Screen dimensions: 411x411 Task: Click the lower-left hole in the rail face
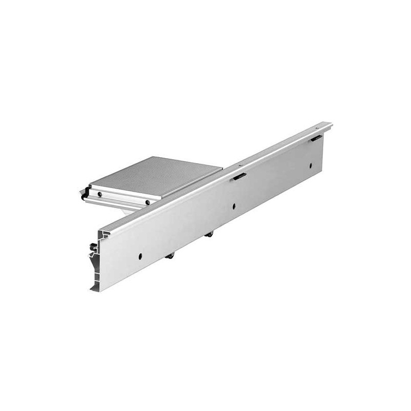tap(140, 255)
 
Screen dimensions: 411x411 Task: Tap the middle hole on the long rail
tap(234, 206)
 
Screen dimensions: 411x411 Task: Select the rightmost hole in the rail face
tap(310, 165)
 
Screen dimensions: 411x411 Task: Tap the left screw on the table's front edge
tap(101, 194)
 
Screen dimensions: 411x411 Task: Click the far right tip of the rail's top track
tap(330, 124)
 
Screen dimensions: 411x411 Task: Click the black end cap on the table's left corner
tap(83, 196)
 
